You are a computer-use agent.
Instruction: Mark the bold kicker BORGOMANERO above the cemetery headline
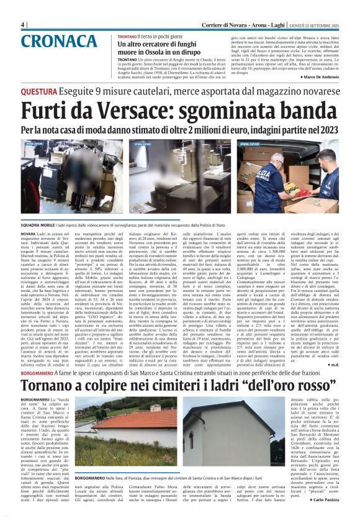click(x=46, y=372)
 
